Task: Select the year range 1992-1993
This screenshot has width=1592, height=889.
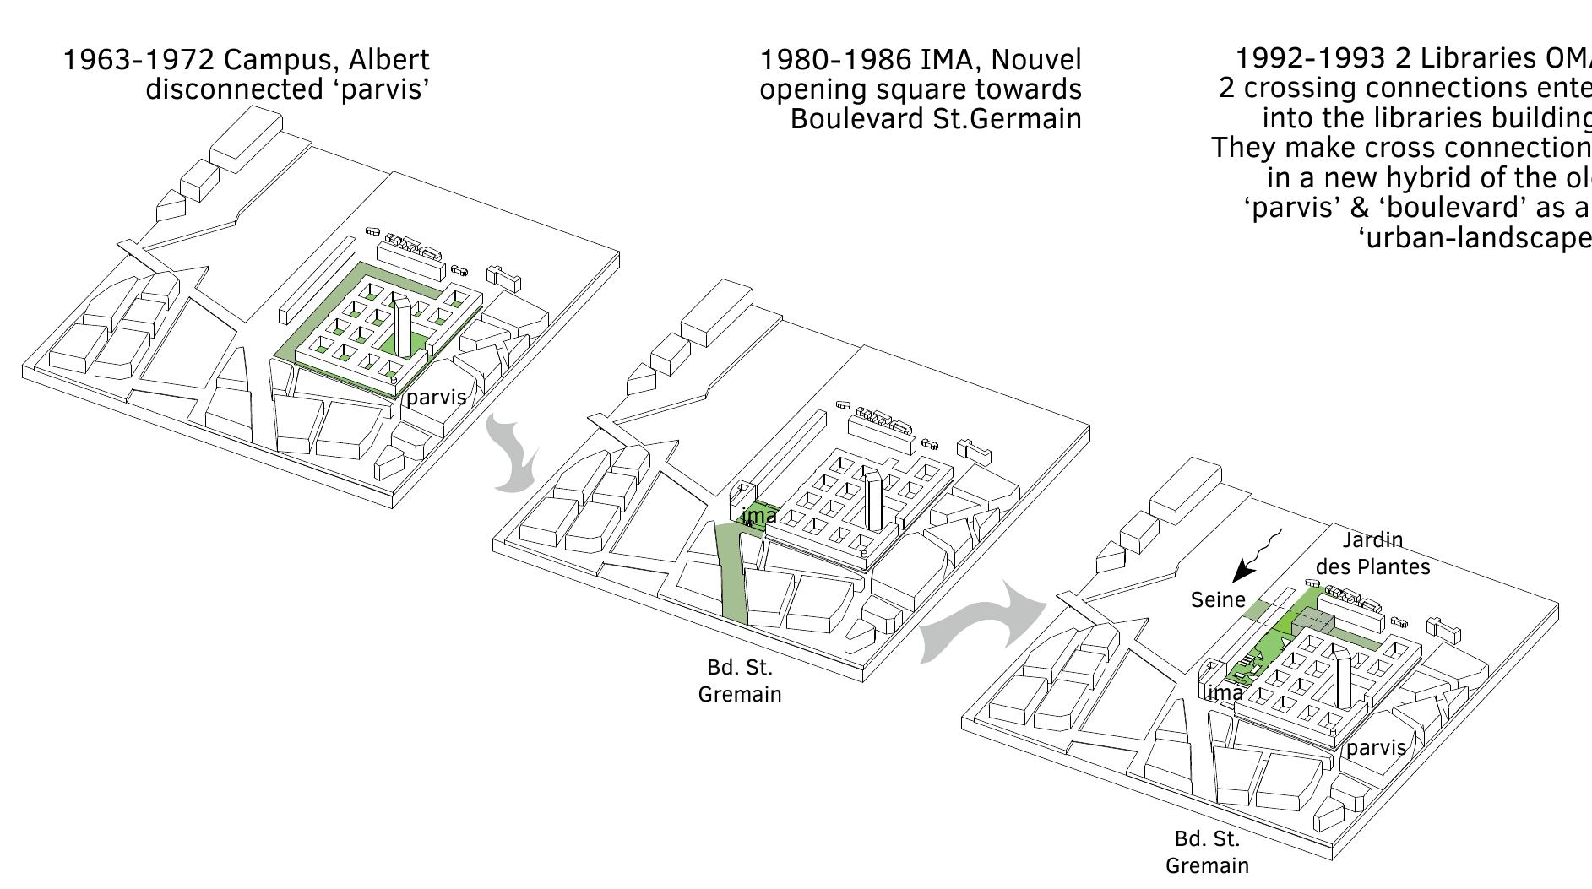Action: point(1310,57)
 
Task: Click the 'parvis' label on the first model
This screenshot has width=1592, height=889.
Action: point(436,397)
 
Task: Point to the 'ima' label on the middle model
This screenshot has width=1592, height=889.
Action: point(759,515)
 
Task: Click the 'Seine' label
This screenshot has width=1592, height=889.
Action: point(1218,599)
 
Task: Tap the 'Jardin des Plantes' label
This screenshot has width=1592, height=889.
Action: point(1372,553)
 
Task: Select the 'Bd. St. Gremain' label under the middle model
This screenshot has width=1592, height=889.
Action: point(740,680)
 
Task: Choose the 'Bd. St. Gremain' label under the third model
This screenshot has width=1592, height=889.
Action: point(1207,852)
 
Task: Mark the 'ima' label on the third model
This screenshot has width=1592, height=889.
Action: point(1225,693)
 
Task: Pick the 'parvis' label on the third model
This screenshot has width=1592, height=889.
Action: point(1376,747)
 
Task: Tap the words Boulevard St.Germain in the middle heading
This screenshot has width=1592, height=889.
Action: point(935,119)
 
